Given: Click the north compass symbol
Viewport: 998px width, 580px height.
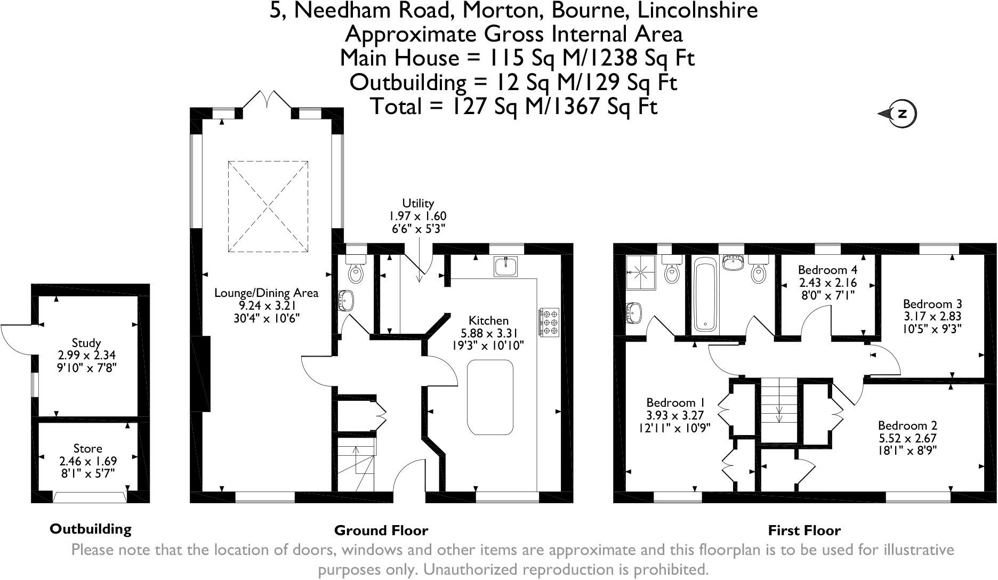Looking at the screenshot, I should (900, 114).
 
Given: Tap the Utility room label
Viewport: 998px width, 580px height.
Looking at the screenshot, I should (418, 203).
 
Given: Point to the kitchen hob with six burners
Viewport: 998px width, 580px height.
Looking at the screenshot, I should (549, 322).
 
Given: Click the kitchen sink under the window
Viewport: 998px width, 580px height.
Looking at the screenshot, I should (505, 266).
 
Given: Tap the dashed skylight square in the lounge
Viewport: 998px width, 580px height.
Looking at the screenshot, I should (268, 206).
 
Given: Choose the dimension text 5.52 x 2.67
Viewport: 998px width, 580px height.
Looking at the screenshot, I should (907, 438).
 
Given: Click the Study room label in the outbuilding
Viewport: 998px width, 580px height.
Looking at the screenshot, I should (86, 343).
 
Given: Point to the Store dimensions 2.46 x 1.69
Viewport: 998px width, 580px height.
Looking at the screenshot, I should (87, 461).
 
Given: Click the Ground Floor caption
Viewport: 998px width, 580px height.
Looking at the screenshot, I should (381, 530).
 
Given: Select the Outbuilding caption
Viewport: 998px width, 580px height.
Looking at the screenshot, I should (90, 529).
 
